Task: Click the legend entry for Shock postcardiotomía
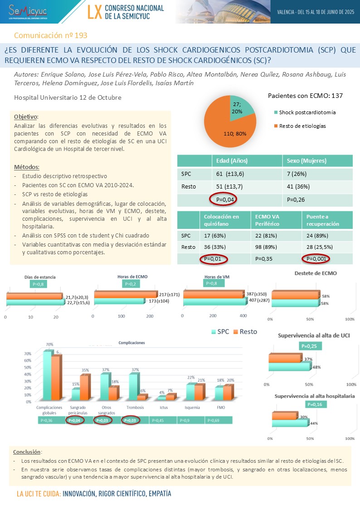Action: [x=307, y=112]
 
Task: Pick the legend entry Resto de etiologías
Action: [x=302, y=126]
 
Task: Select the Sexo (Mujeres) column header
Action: [x=306, y=161]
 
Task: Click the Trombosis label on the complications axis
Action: [x=135, y=407]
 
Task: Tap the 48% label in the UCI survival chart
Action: [x=317, y=367]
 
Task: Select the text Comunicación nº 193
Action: [x=51, y=35]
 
